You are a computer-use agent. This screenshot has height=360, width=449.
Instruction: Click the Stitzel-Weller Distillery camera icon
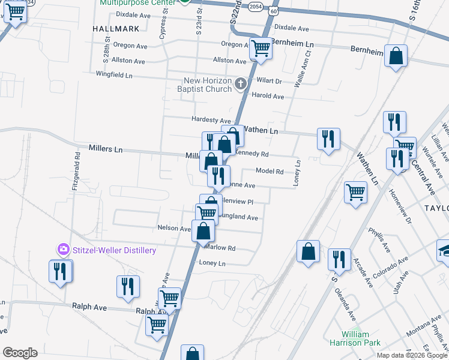(63, 250)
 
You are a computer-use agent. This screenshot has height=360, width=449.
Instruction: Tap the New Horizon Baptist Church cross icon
(241, 83)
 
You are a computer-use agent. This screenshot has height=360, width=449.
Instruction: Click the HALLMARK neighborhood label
(116, 28)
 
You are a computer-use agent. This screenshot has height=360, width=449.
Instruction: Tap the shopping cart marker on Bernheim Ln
(261, 47)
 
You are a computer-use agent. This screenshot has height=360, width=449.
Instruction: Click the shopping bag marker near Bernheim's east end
(396, 56)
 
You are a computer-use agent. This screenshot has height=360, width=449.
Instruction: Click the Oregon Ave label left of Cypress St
(130, 46)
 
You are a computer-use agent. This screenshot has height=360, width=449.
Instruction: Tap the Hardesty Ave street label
(211, 120)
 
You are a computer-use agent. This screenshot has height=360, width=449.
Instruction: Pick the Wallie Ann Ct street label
(302, 69)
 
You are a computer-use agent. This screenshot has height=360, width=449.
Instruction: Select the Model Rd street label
(270, 171)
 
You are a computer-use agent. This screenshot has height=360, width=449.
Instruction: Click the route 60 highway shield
(274, 11)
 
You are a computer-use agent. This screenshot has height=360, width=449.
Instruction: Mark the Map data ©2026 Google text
(412, 355)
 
